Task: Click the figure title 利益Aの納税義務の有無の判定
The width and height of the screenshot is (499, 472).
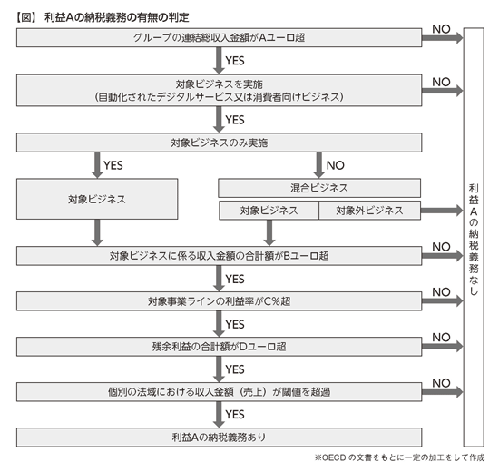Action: (x=117, y=17)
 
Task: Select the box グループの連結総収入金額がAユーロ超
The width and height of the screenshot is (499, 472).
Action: (x=219, y=37)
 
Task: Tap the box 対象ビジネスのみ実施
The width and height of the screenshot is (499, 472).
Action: (x=219, y=143)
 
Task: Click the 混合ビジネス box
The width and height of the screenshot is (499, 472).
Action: (x=319, y=188)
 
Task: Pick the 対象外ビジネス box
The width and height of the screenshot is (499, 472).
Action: (x=369, y=211)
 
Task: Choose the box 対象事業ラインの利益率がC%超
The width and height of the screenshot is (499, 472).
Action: (x=219, y=301)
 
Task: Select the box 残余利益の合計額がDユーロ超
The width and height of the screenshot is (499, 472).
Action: (x=219, y=347)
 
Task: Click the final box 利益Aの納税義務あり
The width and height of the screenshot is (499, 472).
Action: (x=219, y=438)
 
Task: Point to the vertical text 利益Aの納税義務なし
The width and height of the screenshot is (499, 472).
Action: (x=474, y=240)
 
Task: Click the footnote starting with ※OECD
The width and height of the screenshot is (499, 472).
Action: (x=399, y=457)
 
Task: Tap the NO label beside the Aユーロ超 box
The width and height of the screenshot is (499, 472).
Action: (x=441, y=29)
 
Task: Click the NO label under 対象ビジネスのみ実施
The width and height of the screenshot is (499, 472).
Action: (x=336, y=165)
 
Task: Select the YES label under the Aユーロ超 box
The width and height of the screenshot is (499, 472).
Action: (x=235, y=61)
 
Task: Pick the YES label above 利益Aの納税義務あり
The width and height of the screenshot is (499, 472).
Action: (x=235, y=414)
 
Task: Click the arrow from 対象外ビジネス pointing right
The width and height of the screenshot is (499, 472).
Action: (x=442, y=211)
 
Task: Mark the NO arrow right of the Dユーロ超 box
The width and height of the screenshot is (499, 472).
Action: (x=443, y=347)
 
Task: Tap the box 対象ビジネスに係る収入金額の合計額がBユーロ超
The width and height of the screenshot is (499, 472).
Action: (x=219, y=256)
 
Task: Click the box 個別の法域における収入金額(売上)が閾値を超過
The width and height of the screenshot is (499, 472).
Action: (x=219, y=392)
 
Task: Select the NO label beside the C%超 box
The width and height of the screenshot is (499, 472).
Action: (x=441, y=292)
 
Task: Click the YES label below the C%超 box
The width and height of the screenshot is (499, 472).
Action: (x=235, y=324)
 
